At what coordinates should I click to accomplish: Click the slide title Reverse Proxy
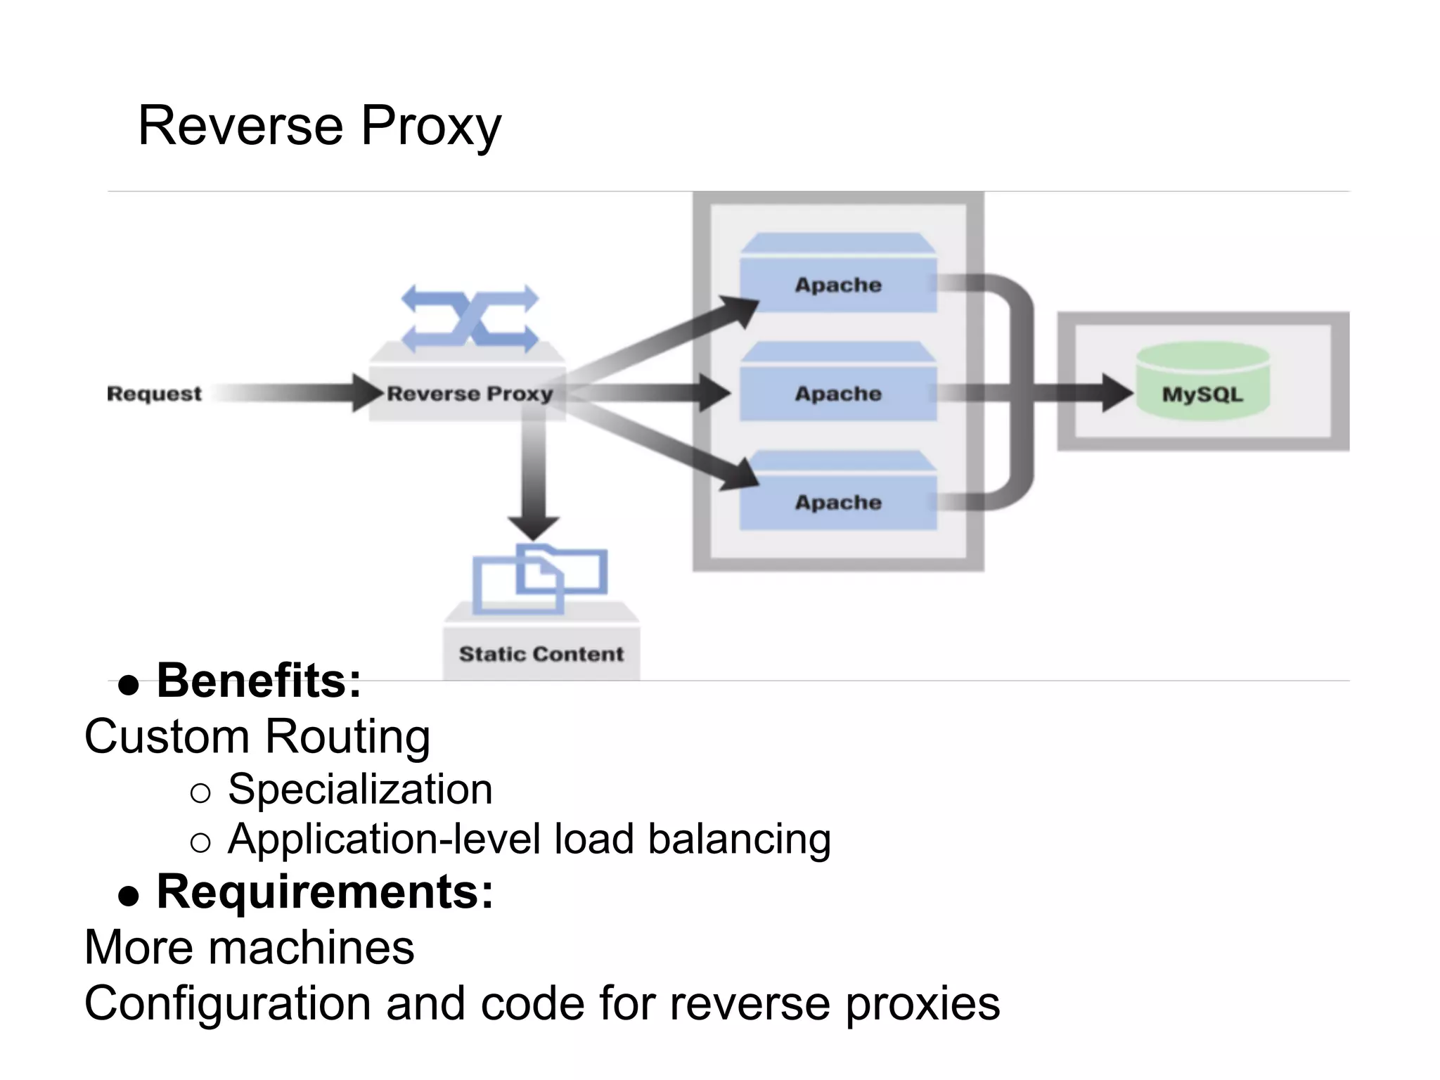[319, 127]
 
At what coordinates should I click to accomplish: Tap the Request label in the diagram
[154, 394]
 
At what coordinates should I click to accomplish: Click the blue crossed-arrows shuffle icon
[470, 319]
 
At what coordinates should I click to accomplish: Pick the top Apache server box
[838, 284]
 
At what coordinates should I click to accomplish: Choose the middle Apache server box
[838, 393]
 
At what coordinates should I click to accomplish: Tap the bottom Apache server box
[838, 502]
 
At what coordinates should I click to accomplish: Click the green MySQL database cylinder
[1202, 383]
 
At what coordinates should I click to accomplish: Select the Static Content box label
[541, 654]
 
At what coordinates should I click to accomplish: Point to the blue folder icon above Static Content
[539, 578]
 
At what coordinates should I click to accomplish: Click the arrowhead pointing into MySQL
[1116, 393]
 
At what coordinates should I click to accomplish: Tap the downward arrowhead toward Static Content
[534, 526]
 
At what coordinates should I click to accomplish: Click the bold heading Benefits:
[258, 681]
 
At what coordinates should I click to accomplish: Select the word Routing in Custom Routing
[347, 736]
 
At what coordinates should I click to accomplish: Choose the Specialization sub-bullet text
[360, 789]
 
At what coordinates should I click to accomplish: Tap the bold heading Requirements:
[325, 892]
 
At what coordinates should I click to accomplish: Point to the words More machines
[250, 947]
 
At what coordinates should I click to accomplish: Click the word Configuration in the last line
[227, 1003]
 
